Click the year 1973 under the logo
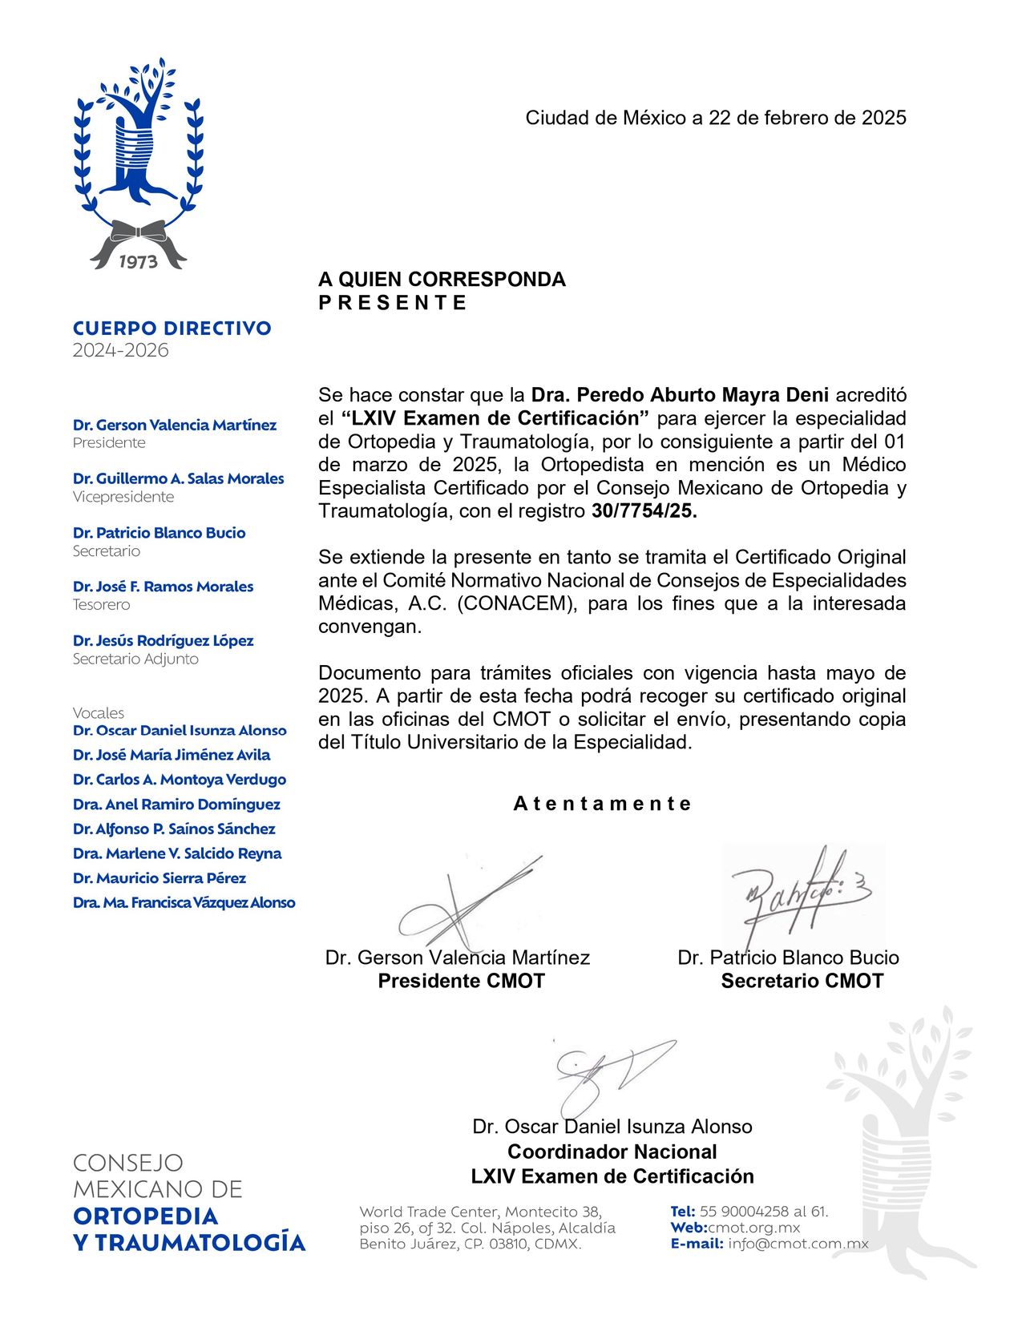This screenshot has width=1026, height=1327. [x=138, y=262]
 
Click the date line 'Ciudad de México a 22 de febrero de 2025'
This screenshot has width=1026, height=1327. [x=715, y=118]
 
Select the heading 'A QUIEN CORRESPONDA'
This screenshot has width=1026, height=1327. [x=442, y=279]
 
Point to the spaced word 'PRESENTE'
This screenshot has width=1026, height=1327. [x=392, y=303]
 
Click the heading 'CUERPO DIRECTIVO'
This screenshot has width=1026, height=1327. [x=172, y=328]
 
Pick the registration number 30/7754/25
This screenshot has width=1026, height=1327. [x=644, y=511]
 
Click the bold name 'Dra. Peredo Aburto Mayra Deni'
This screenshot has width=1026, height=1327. [x=680, y=395]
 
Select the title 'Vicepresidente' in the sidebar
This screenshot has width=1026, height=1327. [x=123, y=497]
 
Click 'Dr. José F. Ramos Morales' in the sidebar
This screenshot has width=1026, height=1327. [x=163, y=587]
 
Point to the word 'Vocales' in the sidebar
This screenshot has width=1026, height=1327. [x=99, y=712]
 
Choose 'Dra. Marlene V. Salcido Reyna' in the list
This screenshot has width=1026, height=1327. [x=177, y=853]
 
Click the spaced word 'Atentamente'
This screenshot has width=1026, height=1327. [x=602, y=804]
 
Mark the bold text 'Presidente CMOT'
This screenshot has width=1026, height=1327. [x=461, y=981]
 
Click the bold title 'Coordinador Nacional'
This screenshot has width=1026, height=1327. [x=612, y=1152]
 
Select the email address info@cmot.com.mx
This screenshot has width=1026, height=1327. [x=798, y=1244]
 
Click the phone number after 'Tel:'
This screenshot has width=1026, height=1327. [x=763, y=1212]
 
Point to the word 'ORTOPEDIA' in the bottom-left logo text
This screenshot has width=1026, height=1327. [x=145, y=1216]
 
